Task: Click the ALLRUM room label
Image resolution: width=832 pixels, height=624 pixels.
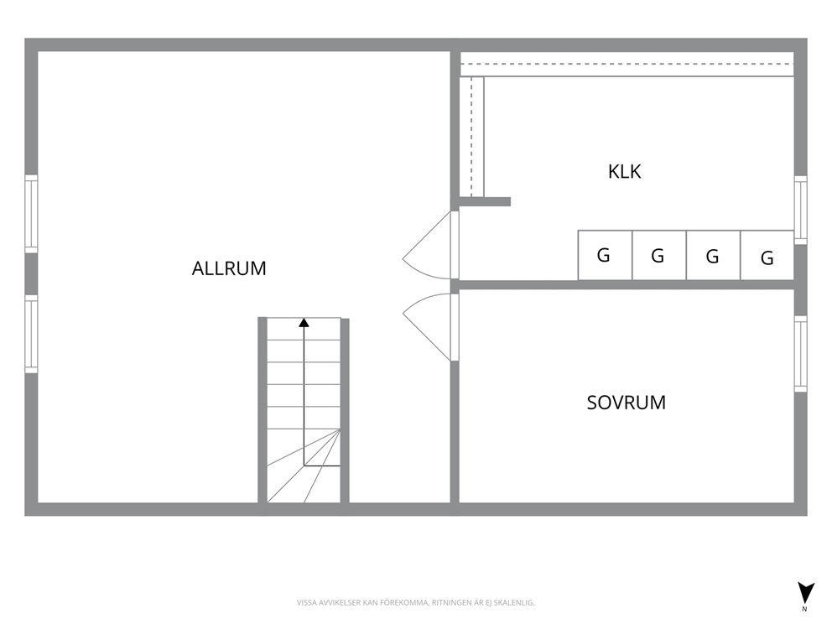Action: click(229, 268)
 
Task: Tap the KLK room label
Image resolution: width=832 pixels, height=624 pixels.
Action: click(625, 171)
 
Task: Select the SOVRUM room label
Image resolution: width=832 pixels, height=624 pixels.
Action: click(627, 403)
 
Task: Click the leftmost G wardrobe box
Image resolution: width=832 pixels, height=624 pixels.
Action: click(605, 255)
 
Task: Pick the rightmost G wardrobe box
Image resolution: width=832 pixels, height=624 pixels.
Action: click(767, 255)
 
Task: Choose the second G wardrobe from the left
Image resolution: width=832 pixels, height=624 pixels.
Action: click(659, 255)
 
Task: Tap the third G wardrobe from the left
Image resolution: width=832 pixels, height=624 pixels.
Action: click(713, 255)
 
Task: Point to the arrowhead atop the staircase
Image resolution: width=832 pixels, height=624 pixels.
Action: click(304, 322)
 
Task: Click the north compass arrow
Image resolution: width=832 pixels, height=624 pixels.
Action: click(805, 592)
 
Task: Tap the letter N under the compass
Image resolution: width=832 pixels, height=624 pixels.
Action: click(804, 609)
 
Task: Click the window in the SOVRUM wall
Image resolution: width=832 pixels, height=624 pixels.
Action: click(801, 354)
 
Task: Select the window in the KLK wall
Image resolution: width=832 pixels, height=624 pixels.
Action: click(801, 211)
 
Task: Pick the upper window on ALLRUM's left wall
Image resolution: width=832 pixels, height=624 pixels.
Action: click(31, 214)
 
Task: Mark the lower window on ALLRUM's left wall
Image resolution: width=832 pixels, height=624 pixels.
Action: click(31, 334)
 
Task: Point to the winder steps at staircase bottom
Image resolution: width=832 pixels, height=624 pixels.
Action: click(304, 465)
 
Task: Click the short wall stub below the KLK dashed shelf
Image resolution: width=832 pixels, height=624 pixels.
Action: click(485, 201)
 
